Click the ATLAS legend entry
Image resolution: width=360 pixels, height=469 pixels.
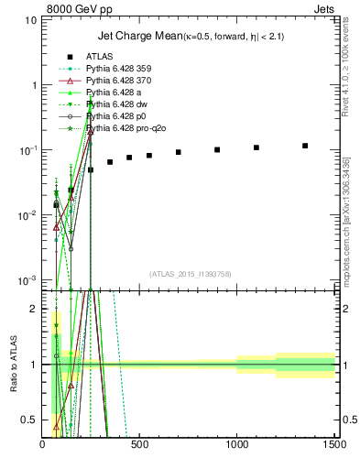coord(99,56)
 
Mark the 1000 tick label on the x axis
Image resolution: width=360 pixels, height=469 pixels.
coord(237,445)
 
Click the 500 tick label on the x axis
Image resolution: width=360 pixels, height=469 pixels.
coord(140,445)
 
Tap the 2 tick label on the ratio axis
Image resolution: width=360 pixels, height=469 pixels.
coord(35,309)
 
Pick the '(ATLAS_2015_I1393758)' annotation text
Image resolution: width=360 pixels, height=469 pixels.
coord(189,274)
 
